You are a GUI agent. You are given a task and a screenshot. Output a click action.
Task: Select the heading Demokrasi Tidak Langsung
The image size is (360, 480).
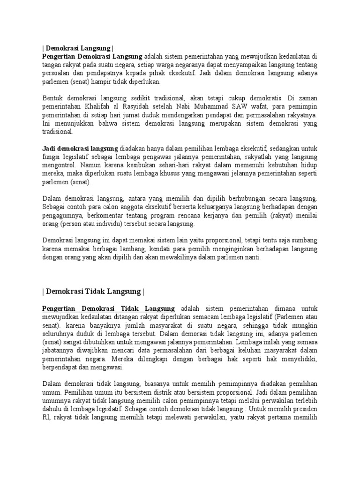coord(93,291)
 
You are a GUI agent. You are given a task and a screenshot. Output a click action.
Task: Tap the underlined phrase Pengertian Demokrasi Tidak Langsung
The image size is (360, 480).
coord(108,308)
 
